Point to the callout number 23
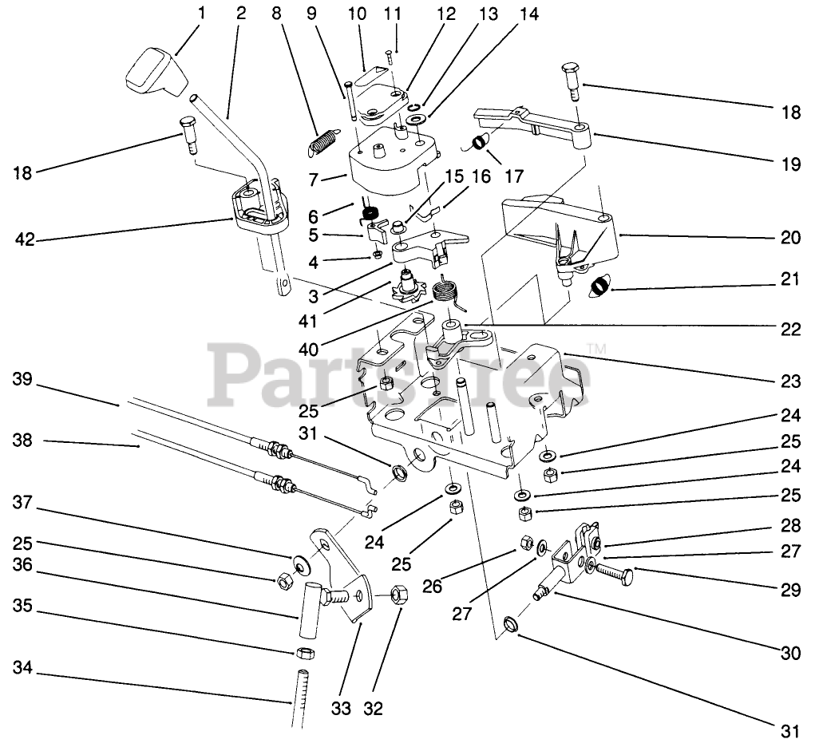point(790,382)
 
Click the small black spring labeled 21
point(599,286)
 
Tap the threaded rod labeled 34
point(299,698)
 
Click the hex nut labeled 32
point(401,595)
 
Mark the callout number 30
point(790,653)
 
